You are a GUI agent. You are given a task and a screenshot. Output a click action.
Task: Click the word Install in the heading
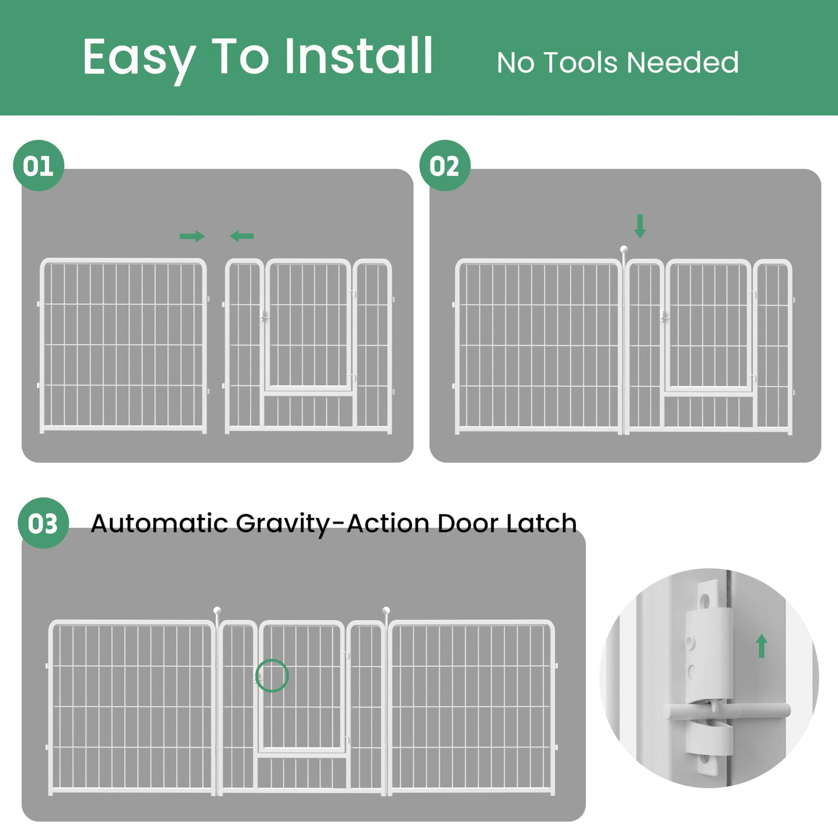point(359,56)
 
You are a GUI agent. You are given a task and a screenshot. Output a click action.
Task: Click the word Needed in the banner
point(683,63)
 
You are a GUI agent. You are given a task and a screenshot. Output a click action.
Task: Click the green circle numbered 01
point(39,165)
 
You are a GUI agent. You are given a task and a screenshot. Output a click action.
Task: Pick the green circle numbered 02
point(445,165)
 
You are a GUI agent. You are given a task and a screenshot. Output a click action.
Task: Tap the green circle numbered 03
point(43,523)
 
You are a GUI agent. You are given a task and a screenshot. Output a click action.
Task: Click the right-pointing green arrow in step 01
point(192,236)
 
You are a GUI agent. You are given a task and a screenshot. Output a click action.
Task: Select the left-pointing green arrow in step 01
point(242,236)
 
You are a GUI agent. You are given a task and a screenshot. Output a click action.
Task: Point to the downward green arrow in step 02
point(640,226)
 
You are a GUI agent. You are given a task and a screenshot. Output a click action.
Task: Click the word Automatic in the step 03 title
point(159,523)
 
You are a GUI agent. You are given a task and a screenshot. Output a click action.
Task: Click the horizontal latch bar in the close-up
point(727,712)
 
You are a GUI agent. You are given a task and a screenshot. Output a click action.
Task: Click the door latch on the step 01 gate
point(265,316)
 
